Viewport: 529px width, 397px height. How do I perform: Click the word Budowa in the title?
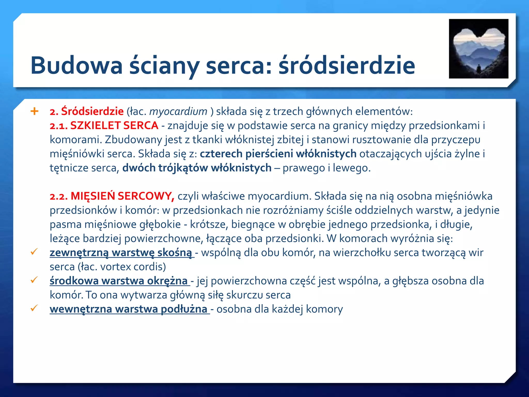[x=76, y=65]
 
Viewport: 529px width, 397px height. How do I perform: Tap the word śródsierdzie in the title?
[x=347, y=65]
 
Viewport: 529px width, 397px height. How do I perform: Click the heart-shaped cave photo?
[x=478, y=49]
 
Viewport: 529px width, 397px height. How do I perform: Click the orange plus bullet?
[x=34, y=111]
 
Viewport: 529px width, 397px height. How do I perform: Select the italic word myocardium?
[x=178, y=111]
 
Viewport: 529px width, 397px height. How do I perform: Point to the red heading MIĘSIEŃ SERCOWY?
[x=122, y=196]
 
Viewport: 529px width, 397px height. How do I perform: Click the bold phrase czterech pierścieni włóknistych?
[x=278, y=154]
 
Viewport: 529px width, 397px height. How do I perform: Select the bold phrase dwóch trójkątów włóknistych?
[x=197, y=168]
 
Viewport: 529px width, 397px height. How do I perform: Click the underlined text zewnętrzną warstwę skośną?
[x=121, y=253]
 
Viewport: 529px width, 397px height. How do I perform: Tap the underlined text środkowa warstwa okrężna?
[x=119, y=281]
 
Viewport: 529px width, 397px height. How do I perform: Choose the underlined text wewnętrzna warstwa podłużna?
[x=128, y=309]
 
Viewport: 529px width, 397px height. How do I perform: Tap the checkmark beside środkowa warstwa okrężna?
[x=34, y=280]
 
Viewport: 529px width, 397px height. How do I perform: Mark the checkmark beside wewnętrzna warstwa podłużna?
[x=34, y=308]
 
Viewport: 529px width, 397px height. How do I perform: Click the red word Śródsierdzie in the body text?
[x=92, y=111]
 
